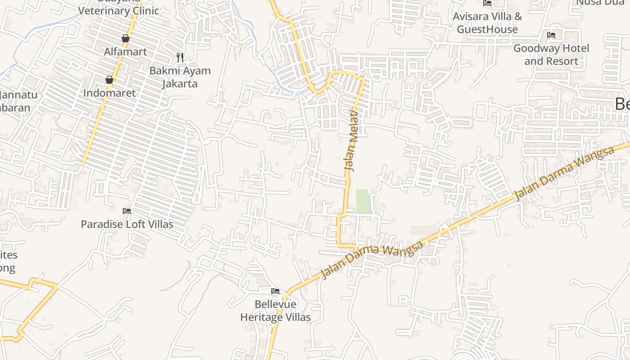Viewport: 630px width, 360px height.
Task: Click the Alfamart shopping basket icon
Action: (x=126, y=39)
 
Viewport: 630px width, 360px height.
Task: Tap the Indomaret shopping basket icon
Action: (x=109, y=80)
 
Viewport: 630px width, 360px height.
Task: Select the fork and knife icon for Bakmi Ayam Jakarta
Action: (x=180, y=57)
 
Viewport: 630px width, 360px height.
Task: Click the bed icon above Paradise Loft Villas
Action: (x=127, y=211)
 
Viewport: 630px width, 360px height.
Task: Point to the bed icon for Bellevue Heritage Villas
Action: (x=275, y=291)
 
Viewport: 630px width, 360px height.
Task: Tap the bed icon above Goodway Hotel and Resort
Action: (x=551, y=35)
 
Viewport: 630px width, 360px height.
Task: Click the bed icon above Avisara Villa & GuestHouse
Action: (x=487, y=3)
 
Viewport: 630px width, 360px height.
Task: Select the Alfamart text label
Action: (x=126, y=52)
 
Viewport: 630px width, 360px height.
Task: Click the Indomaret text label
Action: (x=109, y=93)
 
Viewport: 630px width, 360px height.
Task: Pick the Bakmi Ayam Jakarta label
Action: (x=180, y=77)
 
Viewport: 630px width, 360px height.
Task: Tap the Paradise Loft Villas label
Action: (x=127, y=224)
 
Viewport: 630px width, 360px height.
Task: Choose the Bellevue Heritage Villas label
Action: (x=275, y=310)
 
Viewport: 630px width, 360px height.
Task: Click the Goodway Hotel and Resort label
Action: (x=551, y=54)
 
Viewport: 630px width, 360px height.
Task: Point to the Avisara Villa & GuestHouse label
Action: (x=487, y=23)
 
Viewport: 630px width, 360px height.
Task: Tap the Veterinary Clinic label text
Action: (x=119, y=10)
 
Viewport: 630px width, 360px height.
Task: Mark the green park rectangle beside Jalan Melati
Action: (x=364, y=201)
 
